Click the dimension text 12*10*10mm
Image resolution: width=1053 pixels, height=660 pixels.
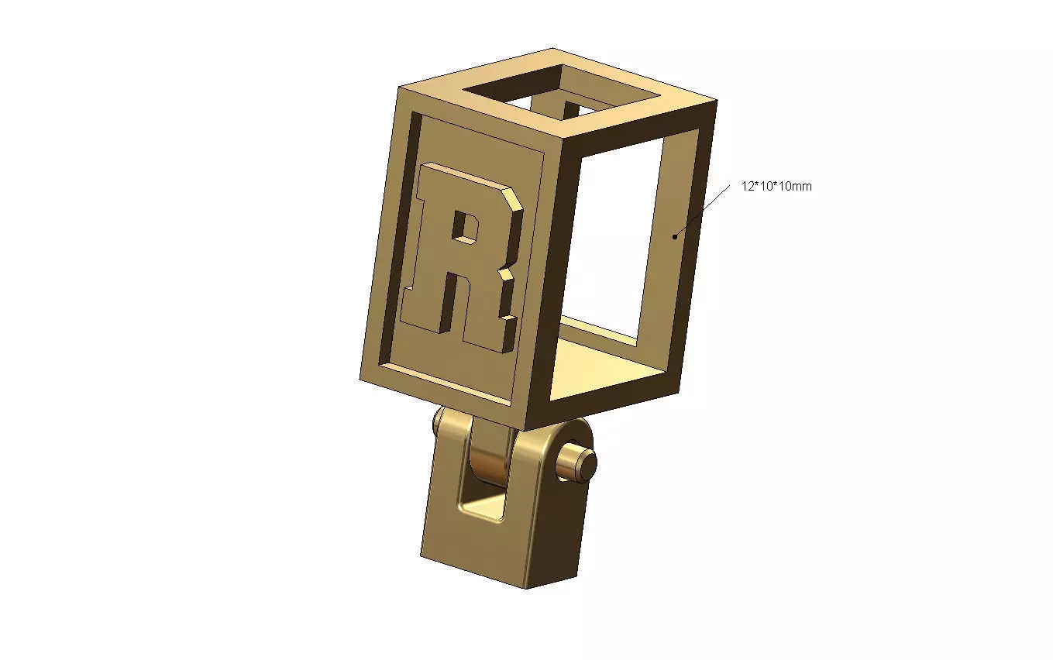(776, 187)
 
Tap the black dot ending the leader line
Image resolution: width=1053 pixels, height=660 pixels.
(676, 235)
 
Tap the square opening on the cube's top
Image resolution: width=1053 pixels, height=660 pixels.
(562, 93)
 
